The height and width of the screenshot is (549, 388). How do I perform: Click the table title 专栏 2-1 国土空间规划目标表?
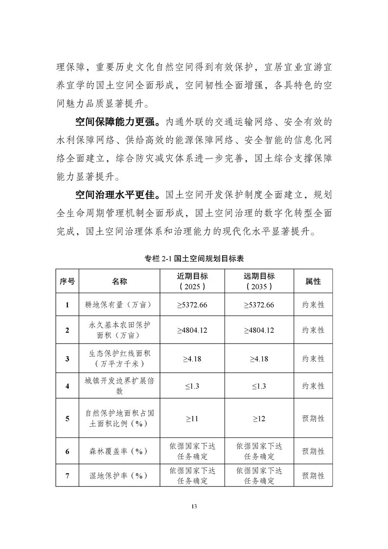[x=194, y=258]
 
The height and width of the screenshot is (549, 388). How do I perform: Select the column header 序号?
[x=67, y=281]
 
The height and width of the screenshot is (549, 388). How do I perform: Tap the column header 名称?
[x=119, y=281]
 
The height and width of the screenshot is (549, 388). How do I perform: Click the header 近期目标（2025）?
[x=192, y=281]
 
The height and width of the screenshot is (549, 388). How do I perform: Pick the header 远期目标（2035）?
[x=259, y=281]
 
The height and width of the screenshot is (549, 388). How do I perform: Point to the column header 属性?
[x=313, y=281]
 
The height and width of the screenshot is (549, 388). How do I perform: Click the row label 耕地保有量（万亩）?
[x=119, y=305]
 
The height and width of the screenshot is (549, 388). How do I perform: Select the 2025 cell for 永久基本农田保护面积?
[x=192, y=330]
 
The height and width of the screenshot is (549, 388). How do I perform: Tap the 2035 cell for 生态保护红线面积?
[x=259, y=359]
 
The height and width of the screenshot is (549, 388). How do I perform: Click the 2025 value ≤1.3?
[x=192, y=386]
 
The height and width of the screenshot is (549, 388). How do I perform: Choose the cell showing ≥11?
[x=192, y=418]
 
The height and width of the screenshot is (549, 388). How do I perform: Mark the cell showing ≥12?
[x=259, y=418]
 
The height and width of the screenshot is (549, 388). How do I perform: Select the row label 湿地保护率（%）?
[x=119, y=475]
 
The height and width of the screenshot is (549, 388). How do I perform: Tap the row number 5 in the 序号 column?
[x=67, y=418]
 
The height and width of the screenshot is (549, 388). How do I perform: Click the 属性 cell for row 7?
[x=313, y=475]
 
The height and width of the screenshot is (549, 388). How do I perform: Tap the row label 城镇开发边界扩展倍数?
[x=119, y=386]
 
